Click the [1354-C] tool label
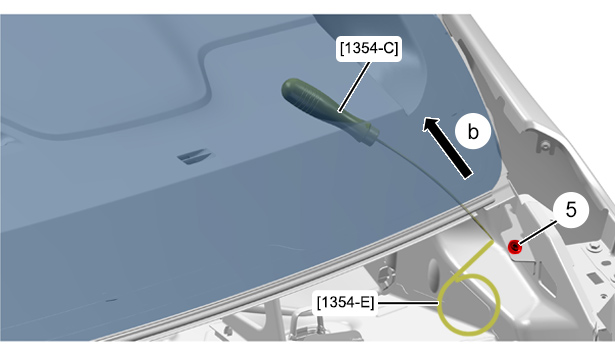click(369, 49)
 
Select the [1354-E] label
click(346, 303)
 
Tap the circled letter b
click(473, 131)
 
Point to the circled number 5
click(571, 210)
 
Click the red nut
click(514, 247)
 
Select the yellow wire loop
click(468, 304)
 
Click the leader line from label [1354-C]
click(354, 87)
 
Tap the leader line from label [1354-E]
click(408, 303)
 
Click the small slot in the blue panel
click(195, 156)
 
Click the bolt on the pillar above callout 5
click(544, 147)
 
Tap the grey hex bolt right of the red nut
click(593, 247)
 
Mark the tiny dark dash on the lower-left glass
click(111, 300)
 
